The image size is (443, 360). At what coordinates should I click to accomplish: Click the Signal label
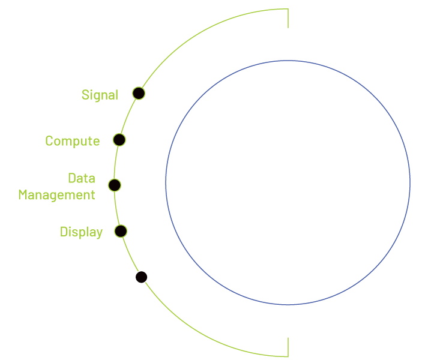click(100, 95)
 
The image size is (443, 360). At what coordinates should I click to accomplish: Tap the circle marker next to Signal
click(139, 93)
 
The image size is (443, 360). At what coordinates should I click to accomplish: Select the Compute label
click(72, 141)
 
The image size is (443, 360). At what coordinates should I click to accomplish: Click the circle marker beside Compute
click(119, 140)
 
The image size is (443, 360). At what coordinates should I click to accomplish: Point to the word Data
click(81, 178)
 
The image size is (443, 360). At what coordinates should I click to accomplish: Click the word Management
click(56, 195)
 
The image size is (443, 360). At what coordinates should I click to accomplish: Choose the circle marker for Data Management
click(114, 185)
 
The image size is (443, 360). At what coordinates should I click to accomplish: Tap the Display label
click(81, 232)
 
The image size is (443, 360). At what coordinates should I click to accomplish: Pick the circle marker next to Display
click(120, 231)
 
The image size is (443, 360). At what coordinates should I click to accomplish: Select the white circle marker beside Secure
click(141, 277)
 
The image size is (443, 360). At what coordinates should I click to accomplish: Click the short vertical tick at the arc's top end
click(288, 18)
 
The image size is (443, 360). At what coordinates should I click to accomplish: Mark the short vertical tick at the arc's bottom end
click(288, 347)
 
